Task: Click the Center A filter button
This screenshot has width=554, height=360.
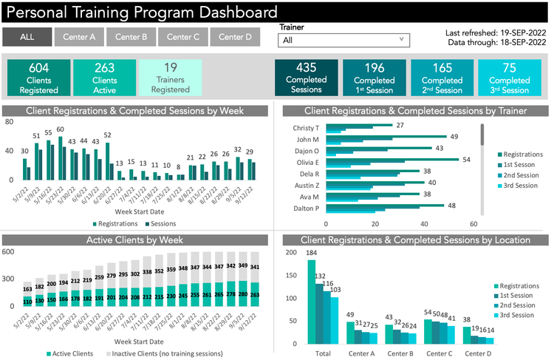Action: point(79,37)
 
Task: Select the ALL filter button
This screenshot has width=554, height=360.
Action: point(27,37)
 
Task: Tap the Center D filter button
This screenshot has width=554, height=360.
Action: point(235,37)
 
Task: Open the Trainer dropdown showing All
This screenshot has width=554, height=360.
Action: point(344,41)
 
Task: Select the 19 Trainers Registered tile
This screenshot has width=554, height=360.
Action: point(170,78)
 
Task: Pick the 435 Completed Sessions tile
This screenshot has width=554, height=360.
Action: point(306,78)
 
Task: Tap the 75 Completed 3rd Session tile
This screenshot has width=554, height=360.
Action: point(509,78)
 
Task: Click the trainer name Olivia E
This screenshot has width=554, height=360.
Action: point(307,162)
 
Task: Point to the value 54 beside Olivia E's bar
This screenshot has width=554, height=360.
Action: point(466,160)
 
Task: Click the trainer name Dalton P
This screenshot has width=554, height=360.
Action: point(307,208)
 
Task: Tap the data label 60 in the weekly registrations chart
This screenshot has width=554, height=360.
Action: point(61,129)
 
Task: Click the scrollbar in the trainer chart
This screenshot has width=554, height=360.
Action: point(482,135)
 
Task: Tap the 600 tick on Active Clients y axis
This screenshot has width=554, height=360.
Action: point(8,252)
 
